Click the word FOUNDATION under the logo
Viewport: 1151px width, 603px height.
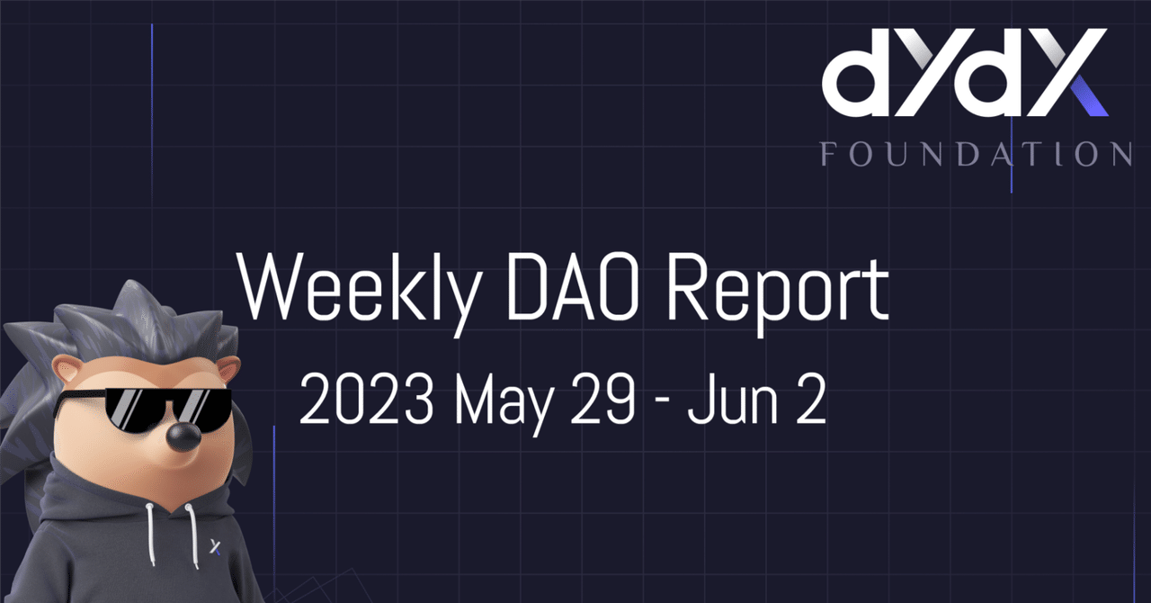click(x=976, y=153)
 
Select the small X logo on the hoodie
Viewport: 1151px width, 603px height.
click(x=216, y=545)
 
